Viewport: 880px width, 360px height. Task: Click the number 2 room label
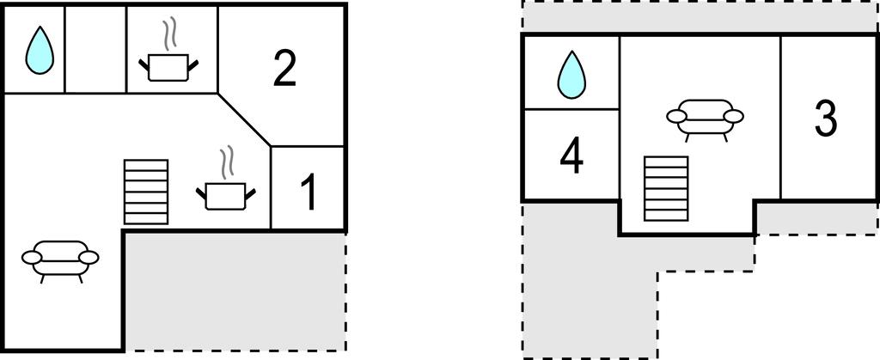click(284, 68)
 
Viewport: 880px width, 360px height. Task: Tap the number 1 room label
click(309, 192)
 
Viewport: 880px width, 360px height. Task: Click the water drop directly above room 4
click(571, 75)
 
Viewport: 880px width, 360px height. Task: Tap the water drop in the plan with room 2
click(40, 51)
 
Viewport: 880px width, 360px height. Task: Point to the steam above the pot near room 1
click(226, 163)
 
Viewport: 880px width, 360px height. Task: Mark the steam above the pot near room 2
click(168, 34)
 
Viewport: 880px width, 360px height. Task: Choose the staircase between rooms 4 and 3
click(666, 189)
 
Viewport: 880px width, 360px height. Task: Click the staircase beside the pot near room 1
click(146, 192)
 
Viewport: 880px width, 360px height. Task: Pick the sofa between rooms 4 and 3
click(705, 119)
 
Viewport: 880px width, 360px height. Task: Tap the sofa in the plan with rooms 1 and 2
click(60, 260)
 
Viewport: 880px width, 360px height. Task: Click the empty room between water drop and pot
click(96, 48)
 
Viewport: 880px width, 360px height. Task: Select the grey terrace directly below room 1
click(235, 291)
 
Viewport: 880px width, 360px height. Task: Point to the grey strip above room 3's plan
click(700, 16)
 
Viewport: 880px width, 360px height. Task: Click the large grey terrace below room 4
click(590, 280)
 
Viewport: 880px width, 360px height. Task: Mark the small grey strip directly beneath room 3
click(817, 218)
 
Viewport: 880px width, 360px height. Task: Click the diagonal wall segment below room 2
click(244, 119)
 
